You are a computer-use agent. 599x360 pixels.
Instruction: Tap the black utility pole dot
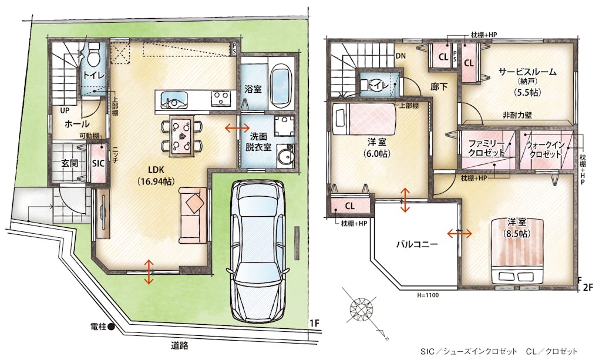pos(111,327)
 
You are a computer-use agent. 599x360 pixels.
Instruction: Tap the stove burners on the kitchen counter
pos(221,98)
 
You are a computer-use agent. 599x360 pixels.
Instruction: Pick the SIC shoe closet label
pos(98,164)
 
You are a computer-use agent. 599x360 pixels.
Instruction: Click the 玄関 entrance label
pos(70,163)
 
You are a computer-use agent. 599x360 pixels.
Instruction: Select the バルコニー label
pos(416,244)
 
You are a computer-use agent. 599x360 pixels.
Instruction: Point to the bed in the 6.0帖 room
pos(365,119)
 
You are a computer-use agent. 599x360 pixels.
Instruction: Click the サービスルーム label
pos(527,72)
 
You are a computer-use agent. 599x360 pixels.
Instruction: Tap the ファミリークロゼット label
pos(487,148)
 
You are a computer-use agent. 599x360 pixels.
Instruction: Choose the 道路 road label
pos(179,346)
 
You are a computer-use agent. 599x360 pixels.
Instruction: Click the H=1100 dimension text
pos(428,295)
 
